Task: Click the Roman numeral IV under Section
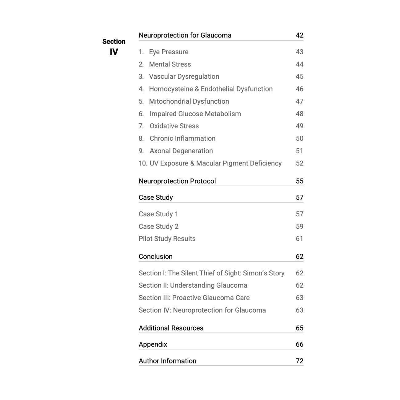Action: [x=114, y=52]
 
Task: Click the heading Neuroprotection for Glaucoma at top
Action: [x=185, y=35]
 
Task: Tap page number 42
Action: [x=299, y=35]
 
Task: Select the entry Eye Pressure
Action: [x=169, y=52]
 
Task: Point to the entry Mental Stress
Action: [x=170, y=64]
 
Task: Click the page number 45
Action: [x=299, y=77]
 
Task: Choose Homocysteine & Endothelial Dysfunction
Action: [x=211, y=89]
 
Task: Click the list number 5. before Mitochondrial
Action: [x=141, y=102]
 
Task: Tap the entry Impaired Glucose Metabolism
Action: [x=195, y=114]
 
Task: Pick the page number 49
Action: [x=299, y=126]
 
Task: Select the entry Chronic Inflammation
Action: [x=182, y=138]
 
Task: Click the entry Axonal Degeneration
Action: [x=181, y=151]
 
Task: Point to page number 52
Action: [x=299, y=163]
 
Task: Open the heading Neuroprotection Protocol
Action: [x=177, y=181]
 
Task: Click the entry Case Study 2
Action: [x=158, y=226]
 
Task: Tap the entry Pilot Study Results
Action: [x=167, y=239]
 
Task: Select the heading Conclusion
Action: [x=156, y=257]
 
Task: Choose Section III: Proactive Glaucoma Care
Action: [x=194, y=298]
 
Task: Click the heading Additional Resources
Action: [x=171, y=328]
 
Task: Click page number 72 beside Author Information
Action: [x=299, y=361]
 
